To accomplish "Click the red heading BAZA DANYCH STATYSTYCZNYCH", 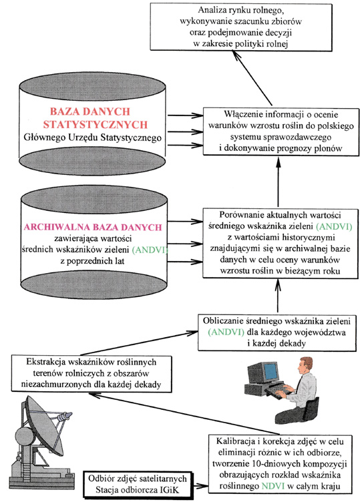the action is coord(95,117).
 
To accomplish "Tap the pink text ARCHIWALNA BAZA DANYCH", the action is coord(93,227).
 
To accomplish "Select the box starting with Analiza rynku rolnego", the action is coord(241,27).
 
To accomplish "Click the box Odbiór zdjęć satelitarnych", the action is coord(138,484).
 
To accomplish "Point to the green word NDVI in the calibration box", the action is coord(273,486).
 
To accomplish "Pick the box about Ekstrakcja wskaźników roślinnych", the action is coord(92,373).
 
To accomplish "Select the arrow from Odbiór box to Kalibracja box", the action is coord(201,486).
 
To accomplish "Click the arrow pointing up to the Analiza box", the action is coord(252,79).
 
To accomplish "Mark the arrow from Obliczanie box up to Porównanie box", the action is coord(277,296).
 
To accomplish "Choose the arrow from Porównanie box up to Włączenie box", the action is coord(278,182).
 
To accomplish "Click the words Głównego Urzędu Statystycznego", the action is coord(93,138).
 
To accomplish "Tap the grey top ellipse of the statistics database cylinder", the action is coord(92,86).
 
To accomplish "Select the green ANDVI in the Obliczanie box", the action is coord(226,332).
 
